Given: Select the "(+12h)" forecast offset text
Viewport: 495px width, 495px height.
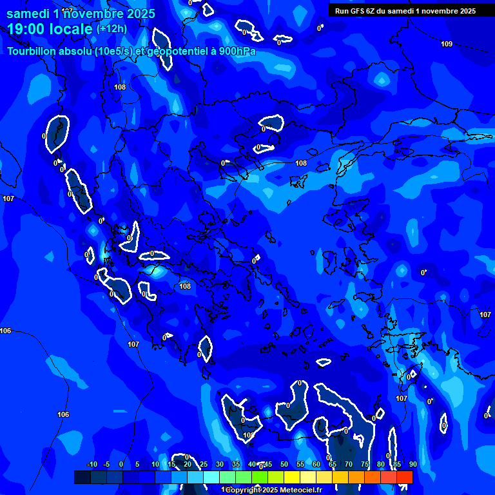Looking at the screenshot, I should (112, 29).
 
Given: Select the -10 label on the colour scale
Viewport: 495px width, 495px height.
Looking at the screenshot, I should (92, 465).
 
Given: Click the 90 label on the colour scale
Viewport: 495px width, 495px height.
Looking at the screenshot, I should (412, 465).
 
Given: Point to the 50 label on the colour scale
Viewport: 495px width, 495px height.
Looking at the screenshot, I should (284, 465).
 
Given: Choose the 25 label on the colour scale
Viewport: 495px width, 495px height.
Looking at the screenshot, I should (204, 465).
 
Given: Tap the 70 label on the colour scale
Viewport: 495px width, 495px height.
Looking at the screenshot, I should (348, 465).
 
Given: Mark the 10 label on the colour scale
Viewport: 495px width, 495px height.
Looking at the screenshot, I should (155, 465).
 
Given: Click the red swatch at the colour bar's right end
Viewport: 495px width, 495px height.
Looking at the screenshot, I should (404, 477).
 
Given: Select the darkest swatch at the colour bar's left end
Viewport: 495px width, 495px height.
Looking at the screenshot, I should (82, 477).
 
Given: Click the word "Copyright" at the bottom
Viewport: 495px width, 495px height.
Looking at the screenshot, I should (244, 490).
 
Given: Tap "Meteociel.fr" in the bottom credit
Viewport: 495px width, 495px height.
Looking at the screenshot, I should (300, 490).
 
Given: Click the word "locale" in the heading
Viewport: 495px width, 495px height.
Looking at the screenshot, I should (71, 29).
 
